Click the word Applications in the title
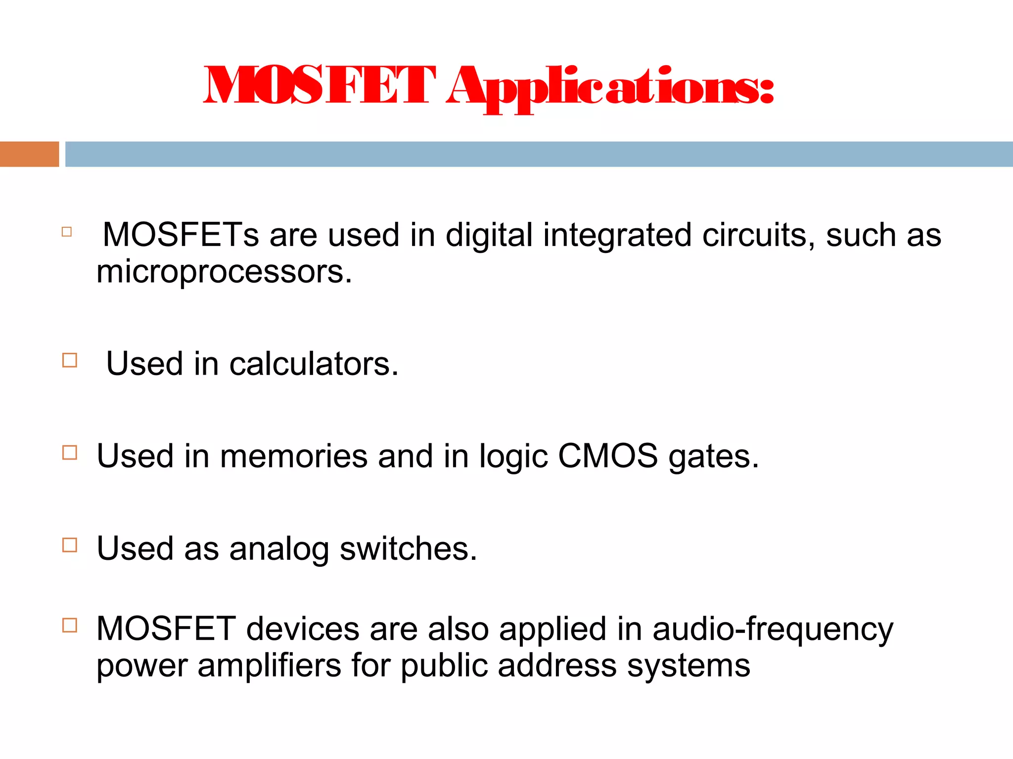pos(609,88)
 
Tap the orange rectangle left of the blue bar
pos(29,154)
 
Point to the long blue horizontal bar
pos(539,154)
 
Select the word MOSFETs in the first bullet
pos(181,235)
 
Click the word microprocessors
pos(224,272)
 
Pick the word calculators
pos(314,364)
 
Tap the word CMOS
pos(608,456)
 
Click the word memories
pos(294,456)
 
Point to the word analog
pos(279,549)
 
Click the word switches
pos(408,548)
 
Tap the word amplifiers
pos(270,666)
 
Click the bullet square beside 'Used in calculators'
pos(70,360)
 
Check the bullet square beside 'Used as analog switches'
pos(70,545)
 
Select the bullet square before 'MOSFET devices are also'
pos(70,626)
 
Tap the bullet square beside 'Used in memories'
pos(70,453)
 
